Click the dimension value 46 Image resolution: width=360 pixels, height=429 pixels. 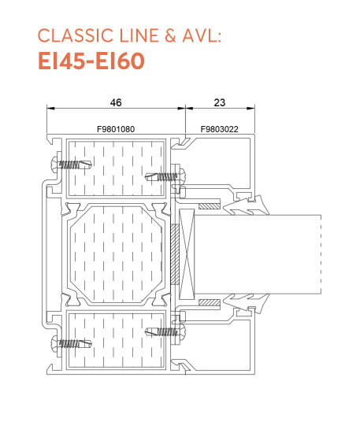click(x=116, y=102)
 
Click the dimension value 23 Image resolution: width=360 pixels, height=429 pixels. click(x=219, y=102)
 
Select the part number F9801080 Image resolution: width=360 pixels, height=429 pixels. click(x=116, y=129)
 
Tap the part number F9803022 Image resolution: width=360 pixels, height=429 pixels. click(x=219, y=129)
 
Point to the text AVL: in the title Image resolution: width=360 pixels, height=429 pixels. click(x=202, y=35)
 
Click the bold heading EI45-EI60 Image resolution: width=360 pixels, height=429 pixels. click(x=91, y=61)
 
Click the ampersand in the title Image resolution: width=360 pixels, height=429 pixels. click(x=170, y=35)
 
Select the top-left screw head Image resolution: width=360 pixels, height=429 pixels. click(x=55, y=164)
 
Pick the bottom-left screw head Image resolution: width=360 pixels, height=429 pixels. click(x=55, y=343)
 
